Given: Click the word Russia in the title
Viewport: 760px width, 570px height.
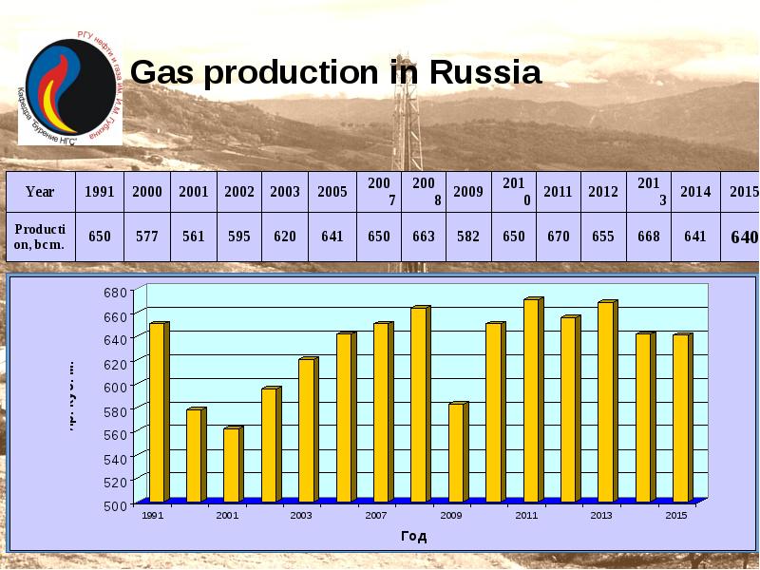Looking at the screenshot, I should [485, 72].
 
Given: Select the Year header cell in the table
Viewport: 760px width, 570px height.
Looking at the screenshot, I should [40, 191].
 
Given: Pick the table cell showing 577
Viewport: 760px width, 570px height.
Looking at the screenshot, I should [146, 236].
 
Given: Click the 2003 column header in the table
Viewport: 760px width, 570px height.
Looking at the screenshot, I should [284, 191].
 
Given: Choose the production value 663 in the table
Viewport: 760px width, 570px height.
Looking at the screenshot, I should [424, 236].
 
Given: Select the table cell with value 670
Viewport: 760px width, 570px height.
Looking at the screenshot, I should [558, 236].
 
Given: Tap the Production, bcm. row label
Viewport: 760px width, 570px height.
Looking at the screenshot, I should [40, 236].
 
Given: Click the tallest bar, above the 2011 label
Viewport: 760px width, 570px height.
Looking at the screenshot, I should [532, 399].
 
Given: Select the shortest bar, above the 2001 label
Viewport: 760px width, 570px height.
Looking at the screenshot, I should [232, 465].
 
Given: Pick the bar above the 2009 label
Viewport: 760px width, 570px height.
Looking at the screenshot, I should [457, 452].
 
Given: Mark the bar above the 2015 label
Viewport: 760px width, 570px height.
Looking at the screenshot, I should [681, 417].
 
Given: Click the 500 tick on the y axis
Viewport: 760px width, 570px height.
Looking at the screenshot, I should [114, 505].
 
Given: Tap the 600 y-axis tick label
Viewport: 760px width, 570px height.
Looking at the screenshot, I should [114, 386].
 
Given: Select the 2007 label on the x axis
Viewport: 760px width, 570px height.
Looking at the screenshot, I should [375, 515].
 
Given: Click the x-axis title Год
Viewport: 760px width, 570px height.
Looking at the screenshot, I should [413, 536].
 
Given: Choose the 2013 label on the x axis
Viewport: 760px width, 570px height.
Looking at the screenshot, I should [600, 515].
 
